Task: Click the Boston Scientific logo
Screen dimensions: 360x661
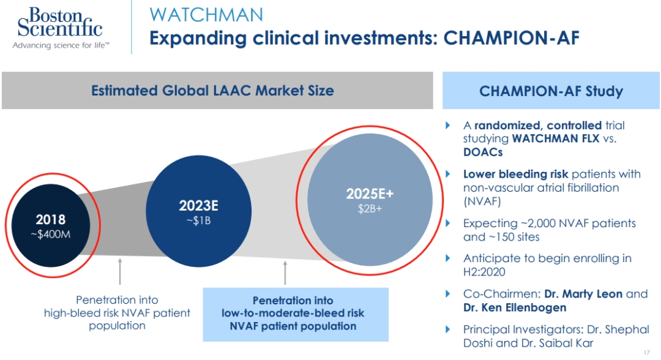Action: pos(59,28)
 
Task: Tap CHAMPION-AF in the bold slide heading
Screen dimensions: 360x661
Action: pos(511,38)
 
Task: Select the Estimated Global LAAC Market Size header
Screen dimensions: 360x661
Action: pos(212,91)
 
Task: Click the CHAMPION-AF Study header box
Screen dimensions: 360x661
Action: pos(551,91)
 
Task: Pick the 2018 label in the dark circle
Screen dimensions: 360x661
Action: pos(50,219)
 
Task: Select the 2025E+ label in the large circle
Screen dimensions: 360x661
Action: pos(370,194)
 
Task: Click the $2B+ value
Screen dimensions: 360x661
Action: pos(370,208)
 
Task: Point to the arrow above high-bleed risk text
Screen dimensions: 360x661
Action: pos(119,271)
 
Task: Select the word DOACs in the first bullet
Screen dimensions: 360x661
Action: pos(484,151)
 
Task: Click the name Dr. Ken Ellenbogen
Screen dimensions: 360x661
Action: pos(515,307)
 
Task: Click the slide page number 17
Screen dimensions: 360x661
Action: pos(646,353)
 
